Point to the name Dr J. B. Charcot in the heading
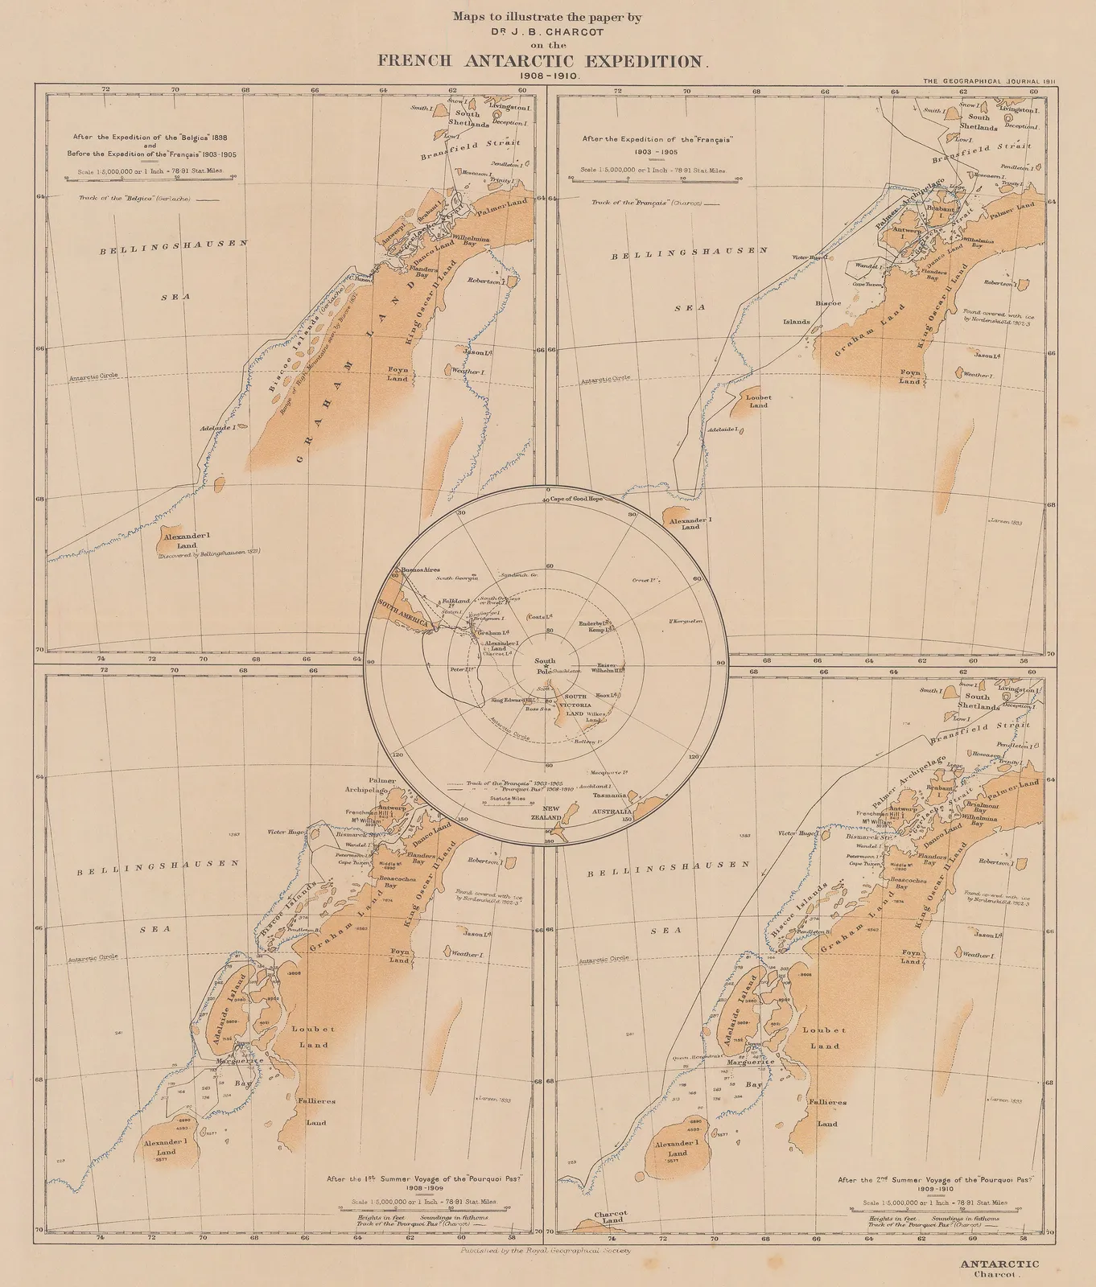pos(547,34)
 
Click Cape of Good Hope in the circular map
pos(576,499)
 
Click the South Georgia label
pos(457,578)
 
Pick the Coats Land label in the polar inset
pos(539,616)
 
